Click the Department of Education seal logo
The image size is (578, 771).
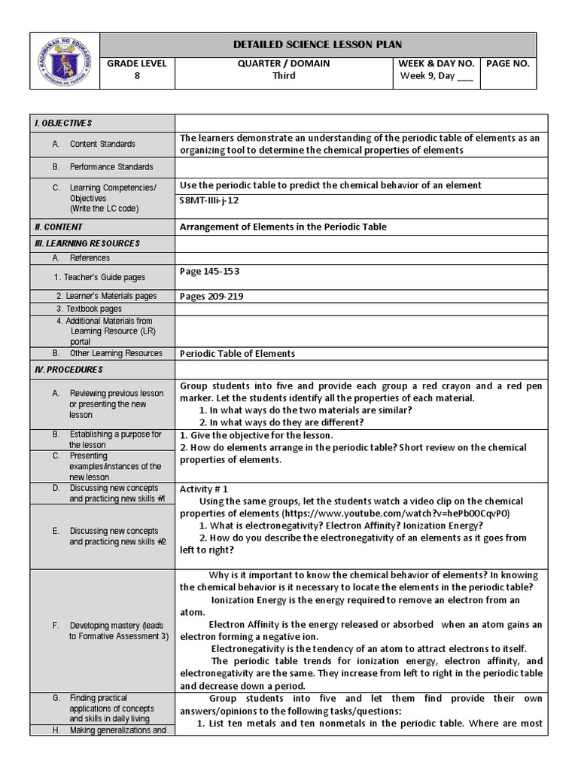(x=65, y=61)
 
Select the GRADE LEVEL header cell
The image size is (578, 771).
(x=136, y=64)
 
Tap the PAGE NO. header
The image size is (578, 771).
(x=508, y=64)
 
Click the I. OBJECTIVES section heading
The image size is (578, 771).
(x=63, y=123)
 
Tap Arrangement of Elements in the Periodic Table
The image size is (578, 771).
(x=283, y=227)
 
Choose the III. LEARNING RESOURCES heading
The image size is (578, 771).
(x=87, y=243)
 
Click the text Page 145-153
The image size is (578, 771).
(x=210, y=271)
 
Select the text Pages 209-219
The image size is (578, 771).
(x=211, y=296)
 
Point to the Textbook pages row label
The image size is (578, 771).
(x=89, y=309)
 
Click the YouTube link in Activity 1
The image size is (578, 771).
(x=396, y=513)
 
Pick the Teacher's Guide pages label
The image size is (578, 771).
(x=105, y=277)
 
